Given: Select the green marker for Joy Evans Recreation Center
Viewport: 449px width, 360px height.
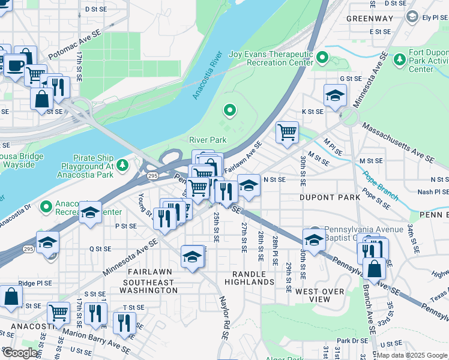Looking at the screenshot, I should pyautogui.click(x=322, y=58).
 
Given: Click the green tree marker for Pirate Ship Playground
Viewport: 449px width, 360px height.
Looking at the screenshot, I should pyautogui.click(x=122, y=164).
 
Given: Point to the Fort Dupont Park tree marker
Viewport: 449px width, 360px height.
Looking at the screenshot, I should pyautogui.click(x=399, y=59).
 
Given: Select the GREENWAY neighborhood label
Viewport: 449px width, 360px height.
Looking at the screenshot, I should pyautogui.click(x=369, y=19).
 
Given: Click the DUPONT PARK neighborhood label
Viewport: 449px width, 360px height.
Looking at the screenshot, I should pyautogui.click(x=330, y=197).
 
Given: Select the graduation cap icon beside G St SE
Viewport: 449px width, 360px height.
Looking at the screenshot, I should pyautogui.click(x=335, y=94).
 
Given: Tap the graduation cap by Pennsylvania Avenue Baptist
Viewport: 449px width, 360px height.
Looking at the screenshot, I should pyautogui.click(x=313, y=239).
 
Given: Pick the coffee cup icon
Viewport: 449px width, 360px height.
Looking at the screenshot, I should pyautogui.click(x=15, y=64).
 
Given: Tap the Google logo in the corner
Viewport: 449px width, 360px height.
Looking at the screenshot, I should pyautogui.click(x=20, y=353).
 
